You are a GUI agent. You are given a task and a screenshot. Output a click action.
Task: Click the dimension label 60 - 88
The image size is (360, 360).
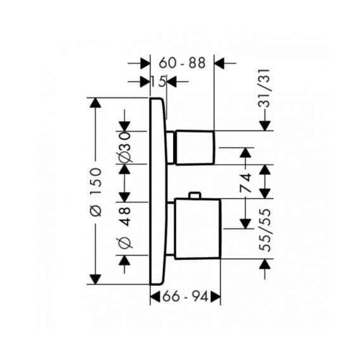pyautogui.click(x=182, y=63)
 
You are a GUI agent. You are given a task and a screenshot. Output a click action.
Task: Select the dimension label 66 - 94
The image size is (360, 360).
pyautogui.click(x=185, y=297)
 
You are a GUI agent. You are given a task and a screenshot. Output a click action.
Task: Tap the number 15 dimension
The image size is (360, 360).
pyautogui.click(x=158, y=82)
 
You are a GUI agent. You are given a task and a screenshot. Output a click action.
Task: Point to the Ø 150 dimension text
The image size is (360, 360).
pyautogui.click(x=96, y=192)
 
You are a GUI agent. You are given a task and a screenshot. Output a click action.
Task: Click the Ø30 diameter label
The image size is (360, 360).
pyautogui.click(x=125, y=147)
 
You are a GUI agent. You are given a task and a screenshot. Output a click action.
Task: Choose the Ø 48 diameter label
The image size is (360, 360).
pyautogui.click(x=125, y=228)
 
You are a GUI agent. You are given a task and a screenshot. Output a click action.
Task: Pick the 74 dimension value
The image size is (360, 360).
pyautogui.click(x=245, y=183)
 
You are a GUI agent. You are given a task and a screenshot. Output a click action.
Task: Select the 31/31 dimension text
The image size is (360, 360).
pyautogui.click(x=264, y=88)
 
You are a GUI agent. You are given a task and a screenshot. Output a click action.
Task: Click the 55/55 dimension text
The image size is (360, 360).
pyautogui.click(x=265, y=230)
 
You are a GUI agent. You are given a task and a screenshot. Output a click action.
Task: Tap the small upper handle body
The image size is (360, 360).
pyautogui.click(x=195, y=148)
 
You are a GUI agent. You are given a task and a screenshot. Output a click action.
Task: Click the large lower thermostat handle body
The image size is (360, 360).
pyautogui.click(x=198, y=229)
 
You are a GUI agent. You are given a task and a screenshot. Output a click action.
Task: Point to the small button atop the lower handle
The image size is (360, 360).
pyautogui.click(x=195, y=195)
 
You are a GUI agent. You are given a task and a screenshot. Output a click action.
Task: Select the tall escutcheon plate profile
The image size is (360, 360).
pyautogui.click(x=158, y=191)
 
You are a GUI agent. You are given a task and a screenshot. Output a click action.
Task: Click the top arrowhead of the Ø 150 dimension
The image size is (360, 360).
pyautogui.click(x=96, y=103)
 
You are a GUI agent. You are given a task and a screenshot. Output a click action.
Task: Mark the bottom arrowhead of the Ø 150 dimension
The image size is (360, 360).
pyautogui.click(x=96, y=279)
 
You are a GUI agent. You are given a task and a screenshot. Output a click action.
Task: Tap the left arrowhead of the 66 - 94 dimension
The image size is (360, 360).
pyautogui.click(x=155, y=297)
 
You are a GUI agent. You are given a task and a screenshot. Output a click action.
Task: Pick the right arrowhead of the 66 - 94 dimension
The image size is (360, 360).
pyautogui.click(x=215, y=297)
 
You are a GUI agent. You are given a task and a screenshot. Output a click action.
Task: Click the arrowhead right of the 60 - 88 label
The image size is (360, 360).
pyautogui.click(x=219, y=63)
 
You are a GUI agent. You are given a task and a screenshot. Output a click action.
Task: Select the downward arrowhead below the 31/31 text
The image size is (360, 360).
pyautogui.click(x=265, y=125)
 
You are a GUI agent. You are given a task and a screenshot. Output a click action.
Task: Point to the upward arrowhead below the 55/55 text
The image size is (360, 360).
pyautogui.click(x=265, y=264)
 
